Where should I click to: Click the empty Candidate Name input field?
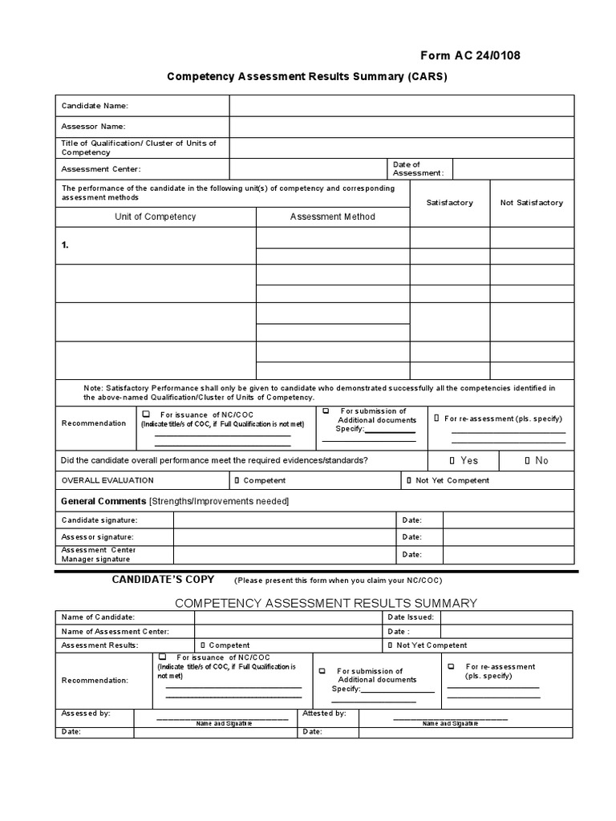point(401,106)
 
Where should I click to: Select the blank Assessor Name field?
point(401,127)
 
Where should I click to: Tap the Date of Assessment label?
point(417,168)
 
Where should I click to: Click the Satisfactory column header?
point(449,203)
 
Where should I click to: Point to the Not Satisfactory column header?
point(532,203)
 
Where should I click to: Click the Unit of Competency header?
point(155,216)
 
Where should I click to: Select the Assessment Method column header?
point(332,216)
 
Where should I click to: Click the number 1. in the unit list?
point(65,246)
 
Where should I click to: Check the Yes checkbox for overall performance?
point(452,461)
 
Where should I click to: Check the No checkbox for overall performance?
point(527,461)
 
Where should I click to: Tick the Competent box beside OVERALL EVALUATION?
point(237,481)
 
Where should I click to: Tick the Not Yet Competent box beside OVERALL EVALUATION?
point(409,481)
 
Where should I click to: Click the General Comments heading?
point(104,501)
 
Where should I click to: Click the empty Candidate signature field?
point(285,520)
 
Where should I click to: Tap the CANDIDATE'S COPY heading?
point(163,579)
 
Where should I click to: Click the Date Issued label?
point(411,617)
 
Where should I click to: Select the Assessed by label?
point(86,713)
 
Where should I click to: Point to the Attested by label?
point(324,713)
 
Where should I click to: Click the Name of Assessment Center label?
point(115,631)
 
